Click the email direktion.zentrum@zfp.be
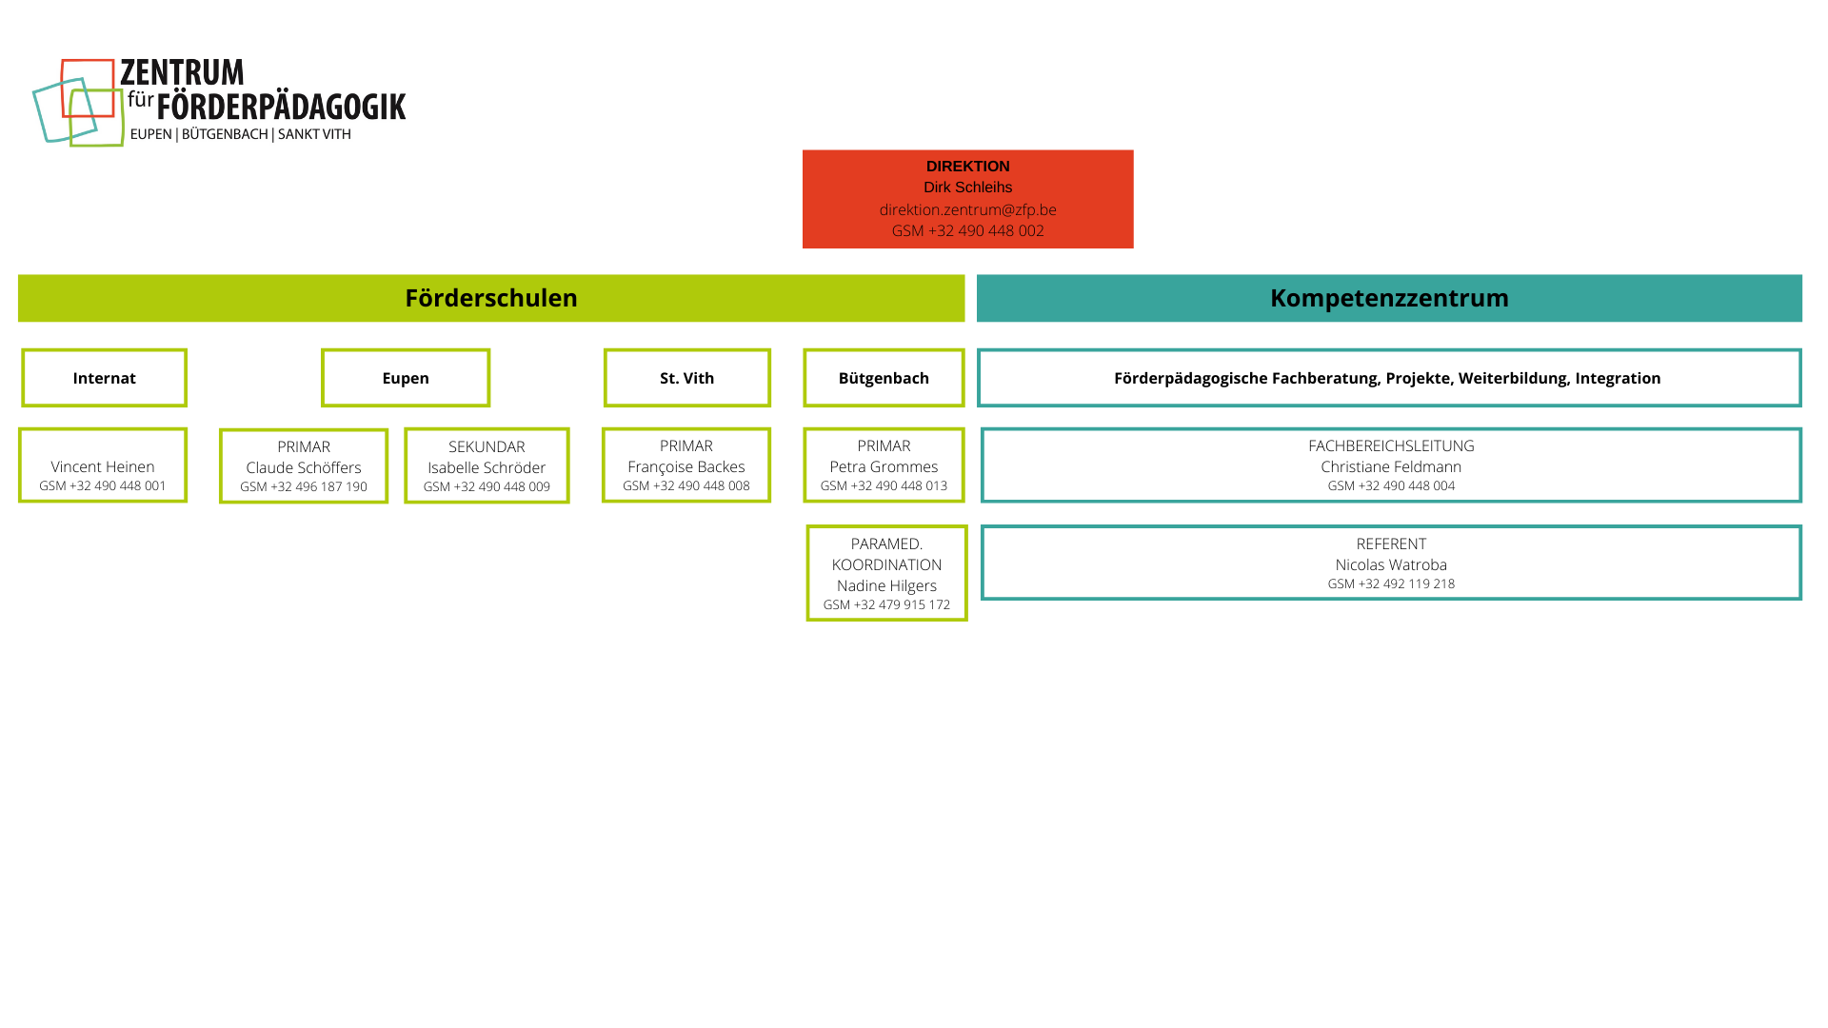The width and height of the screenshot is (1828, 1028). pos(967,209)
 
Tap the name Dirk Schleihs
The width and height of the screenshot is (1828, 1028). pos(967,188)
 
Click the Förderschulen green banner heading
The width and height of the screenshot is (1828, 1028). pos(491,298)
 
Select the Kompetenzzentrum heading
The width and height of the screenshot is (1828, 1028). pos(1389,298)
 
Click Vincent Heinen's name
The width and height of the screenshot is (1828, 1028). pos(103,466)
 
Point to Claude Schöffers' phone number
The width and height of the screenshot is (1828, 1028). pos(304,486)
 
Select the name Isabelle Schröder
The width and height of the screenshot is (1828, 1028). pos(487,467)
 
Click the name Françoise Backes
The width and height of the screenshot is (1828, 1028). pos(686,466)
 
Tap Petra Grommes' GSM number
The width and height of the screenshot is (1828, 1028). pos(884,485)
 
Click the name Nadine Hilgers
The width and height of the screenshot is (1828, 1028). pos(886,585)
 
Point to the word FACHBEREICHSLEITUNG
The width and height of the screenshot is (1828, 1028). pos(1391,445)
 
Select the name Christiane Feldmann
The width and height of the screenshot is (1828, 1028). pos(1391,466)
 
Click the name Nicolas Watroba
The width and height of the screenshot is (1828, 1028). pos(1391,564)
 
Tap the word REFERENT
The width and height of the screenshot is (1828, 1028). pos(1391,544)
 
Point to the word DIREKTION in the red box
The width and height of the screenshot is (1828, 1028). pos(967,166)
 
